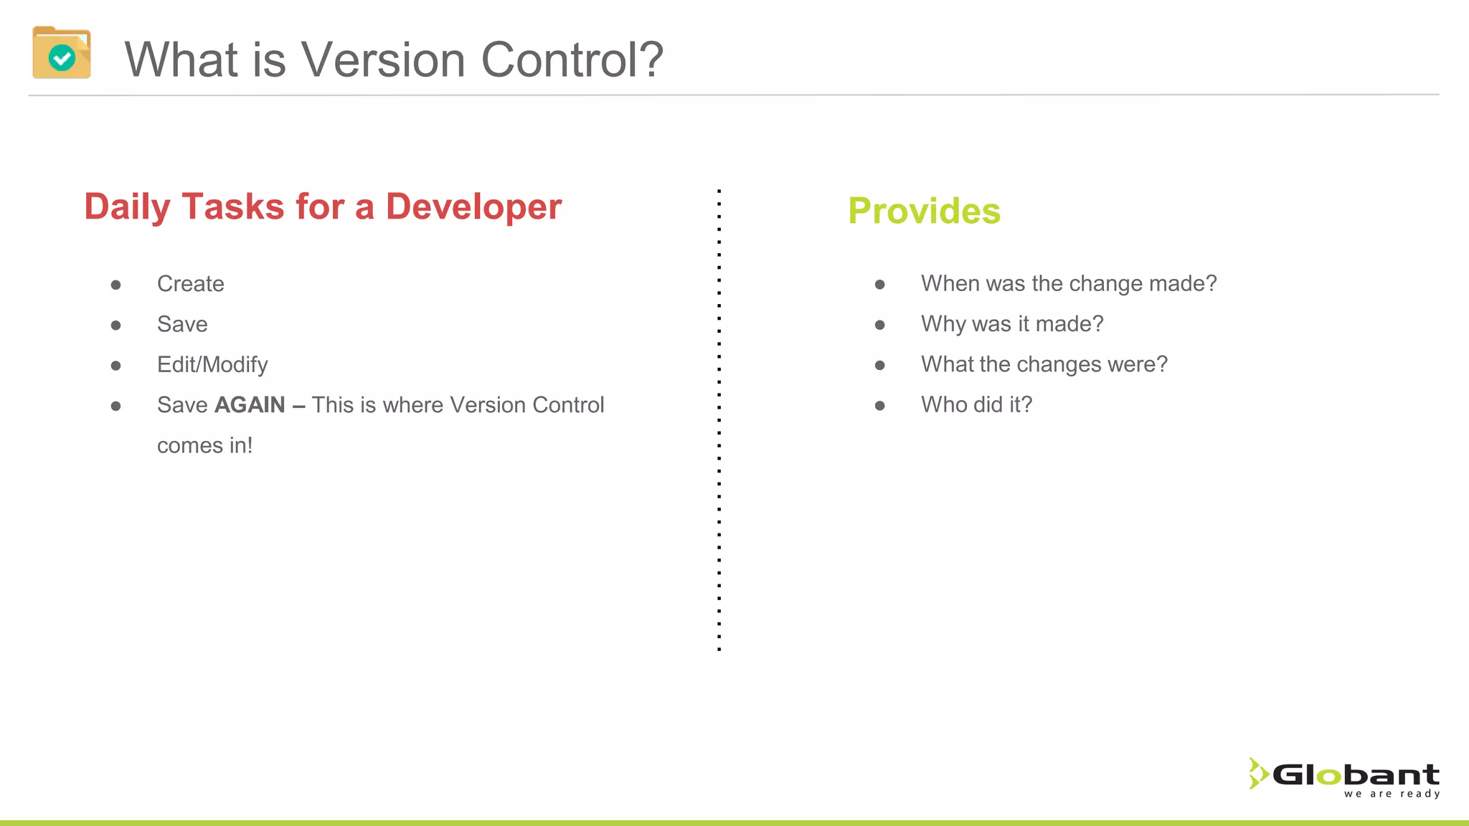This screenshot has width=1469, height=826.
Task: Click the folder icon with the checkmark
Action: click(x=62, y=53)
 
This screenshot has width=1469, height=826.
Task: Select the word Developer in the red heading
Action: click(x=473, y=207)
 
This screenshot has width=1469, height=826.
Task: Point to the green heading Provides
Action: click(x=924, y=211)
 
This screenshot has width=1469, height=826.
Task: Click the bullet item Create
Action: click(x=191, y=284)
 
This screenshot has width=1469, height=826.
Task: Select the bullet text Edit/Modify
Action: click(x=212, y=365)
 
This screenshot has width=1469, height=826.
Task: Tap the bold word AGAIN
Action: click(x=250, y=405)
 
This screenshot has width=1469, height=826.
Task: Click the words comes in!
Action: click(x=205, y=445)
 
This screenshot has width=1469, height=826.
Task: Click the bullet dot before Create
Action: click(x=116, y=285)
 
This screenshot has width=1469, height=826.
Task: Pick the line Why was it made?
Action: click(x=1012, y=324)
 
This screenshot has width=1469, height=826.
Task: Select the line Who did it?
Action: click(x=976, y=405)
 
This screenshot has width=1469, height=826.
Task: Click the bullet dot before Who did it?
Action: click(x=880, y=406)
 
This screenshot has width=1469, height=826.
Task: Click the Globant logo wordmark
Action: click(x=1356, y=775)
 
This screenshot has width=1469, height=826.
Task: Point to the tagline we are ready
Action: click(x=1392, y=794)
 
